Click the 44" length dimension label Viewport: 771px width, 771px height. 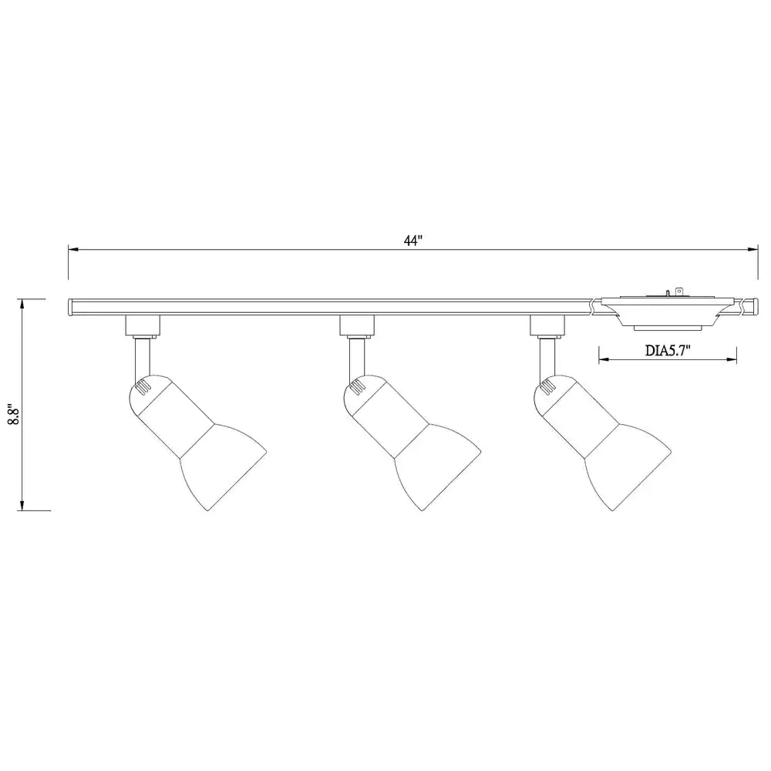(413, 241)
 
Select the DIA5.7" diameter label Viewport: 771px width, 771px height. (668, 351)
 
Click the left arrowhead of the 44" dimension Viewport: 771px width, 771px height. (73, 250)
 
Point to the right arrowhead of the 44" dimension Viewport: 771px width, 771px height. (752, 250)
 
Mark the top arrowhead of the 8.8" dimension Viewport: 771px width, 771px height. (22, 305)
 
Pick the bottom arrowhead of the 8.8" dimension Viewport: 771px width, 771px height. (22, 506)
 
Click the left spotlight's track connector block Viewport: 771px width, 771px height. (143, 325)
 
